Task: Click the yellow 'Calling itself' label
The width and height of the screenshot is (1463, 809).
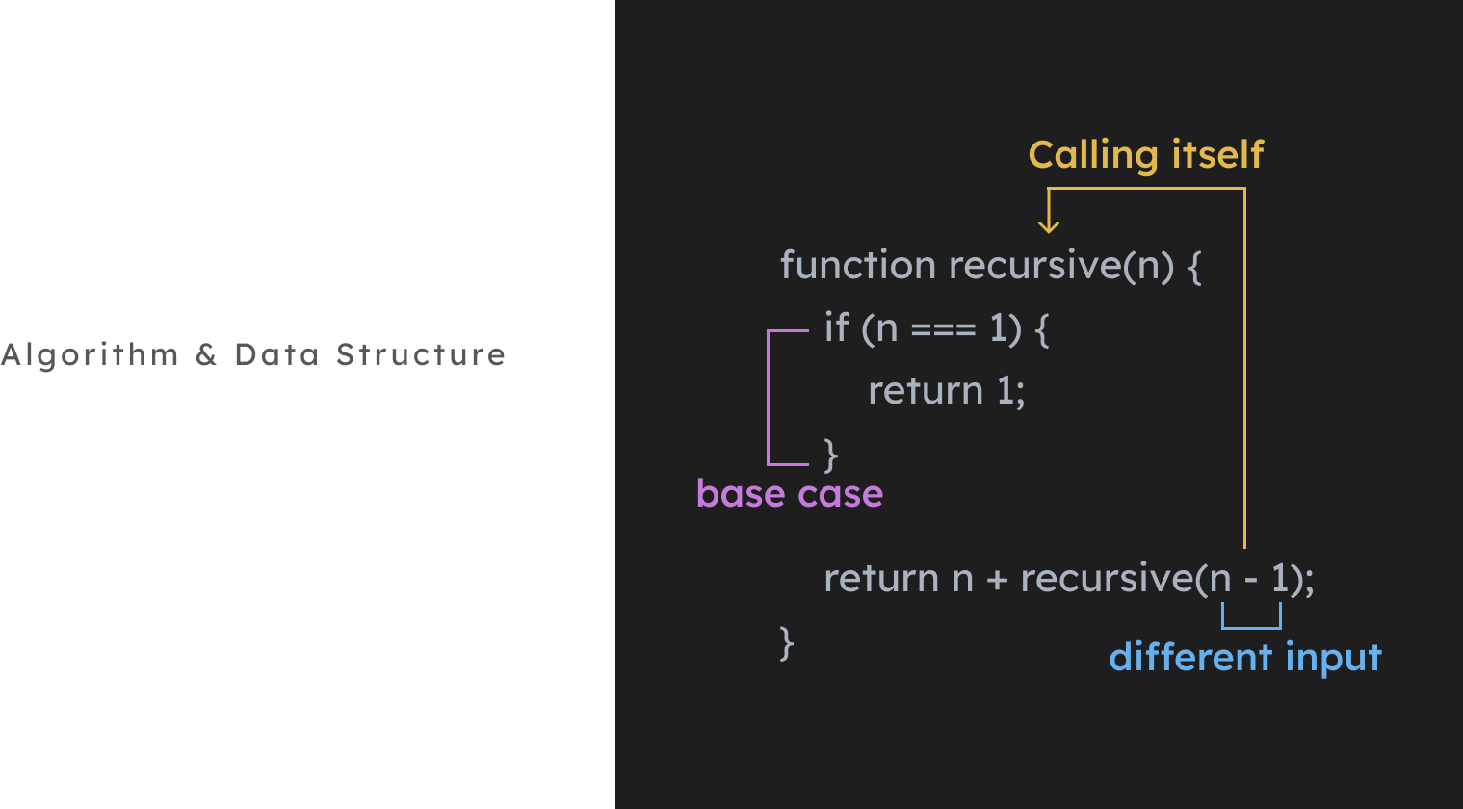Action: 1145,155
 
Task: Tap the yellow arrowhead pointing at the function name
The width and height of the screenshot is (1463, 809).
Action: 1049,225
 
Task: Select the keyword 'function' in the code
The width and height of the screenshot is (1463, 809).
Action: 857,265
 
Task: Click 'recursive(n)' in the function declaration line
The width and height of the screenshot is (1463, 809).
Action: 1061,266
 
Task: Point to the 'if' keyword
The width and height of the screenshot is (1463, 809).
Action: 836,328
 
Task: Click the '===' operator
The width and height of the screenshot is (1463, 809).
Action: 943,329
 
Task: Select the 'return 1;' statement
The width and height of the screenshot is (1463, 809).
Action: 946,391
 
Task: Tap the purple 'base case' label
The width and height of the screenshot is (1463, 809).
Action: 789,493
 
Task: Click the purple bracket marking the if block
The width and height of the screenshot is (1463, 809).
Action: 769,397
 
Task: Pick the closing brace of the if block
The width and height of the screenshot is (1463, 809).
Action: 831,454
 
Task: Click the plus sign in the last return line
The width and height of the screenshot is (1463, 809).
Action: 997,579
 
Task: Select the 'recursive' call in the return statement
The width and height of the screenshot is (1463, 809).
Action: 1107,579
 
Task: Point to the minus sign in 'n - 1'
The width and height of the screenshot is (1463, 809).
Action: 1250,580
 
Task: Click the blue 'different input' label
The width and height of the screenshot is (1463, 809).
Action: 1244,658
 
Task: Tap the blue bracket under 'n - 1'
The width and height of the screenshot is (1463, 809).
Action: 1251,627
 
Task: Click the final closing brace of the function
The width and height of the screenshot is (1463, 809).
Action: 787,642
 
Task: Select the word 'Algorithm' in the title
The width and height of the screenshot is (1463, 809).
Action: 91,355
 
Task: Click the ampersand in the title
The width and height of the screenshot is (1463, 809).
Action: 206,355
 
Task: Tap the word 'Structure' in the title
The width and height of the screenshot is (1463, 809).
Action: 421,355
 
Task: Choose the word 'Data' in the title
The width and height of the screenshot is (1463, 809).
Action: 276,355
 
